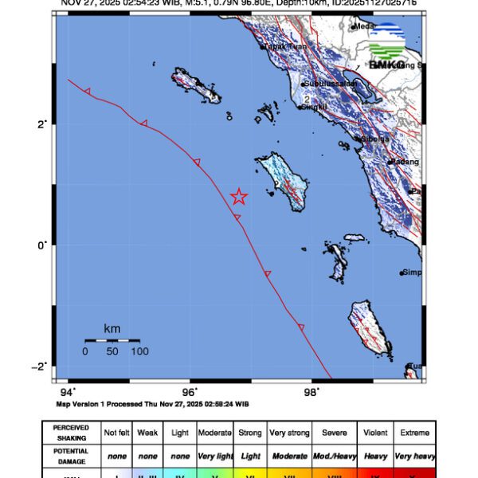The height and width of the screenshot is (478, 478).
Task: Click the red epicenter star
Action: tap(238, 197)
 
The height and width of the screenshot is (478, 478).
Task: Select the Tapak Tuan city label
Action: tap(286, 47)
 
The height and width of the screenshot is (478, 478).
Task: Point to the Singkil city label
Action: tap(312, 106)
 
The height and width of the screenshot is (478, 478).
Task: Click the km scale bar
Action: tap(112, 340)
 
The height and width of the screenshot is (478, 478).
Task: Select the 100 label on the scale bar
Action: tap(139, 351)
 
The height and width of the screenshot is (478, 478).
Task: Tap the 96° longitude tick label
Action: tap(190, 392)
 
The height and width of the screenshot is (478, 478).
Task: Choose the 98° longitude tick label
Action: tap(311, 392)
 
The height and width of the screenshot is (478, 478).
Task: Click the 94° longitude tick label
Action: tap(68, 392)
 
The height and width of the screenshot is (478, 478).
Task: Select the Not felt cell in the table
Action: tap(116, 433)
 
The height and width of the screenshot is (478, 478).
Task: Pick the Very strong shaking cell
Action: tap(289, 433)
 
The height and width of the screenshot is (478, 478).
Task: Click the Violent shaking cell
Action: tap(375, 433)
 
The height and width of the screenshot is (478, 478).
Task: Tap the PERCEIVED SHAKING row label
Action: tap(71, 433)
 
